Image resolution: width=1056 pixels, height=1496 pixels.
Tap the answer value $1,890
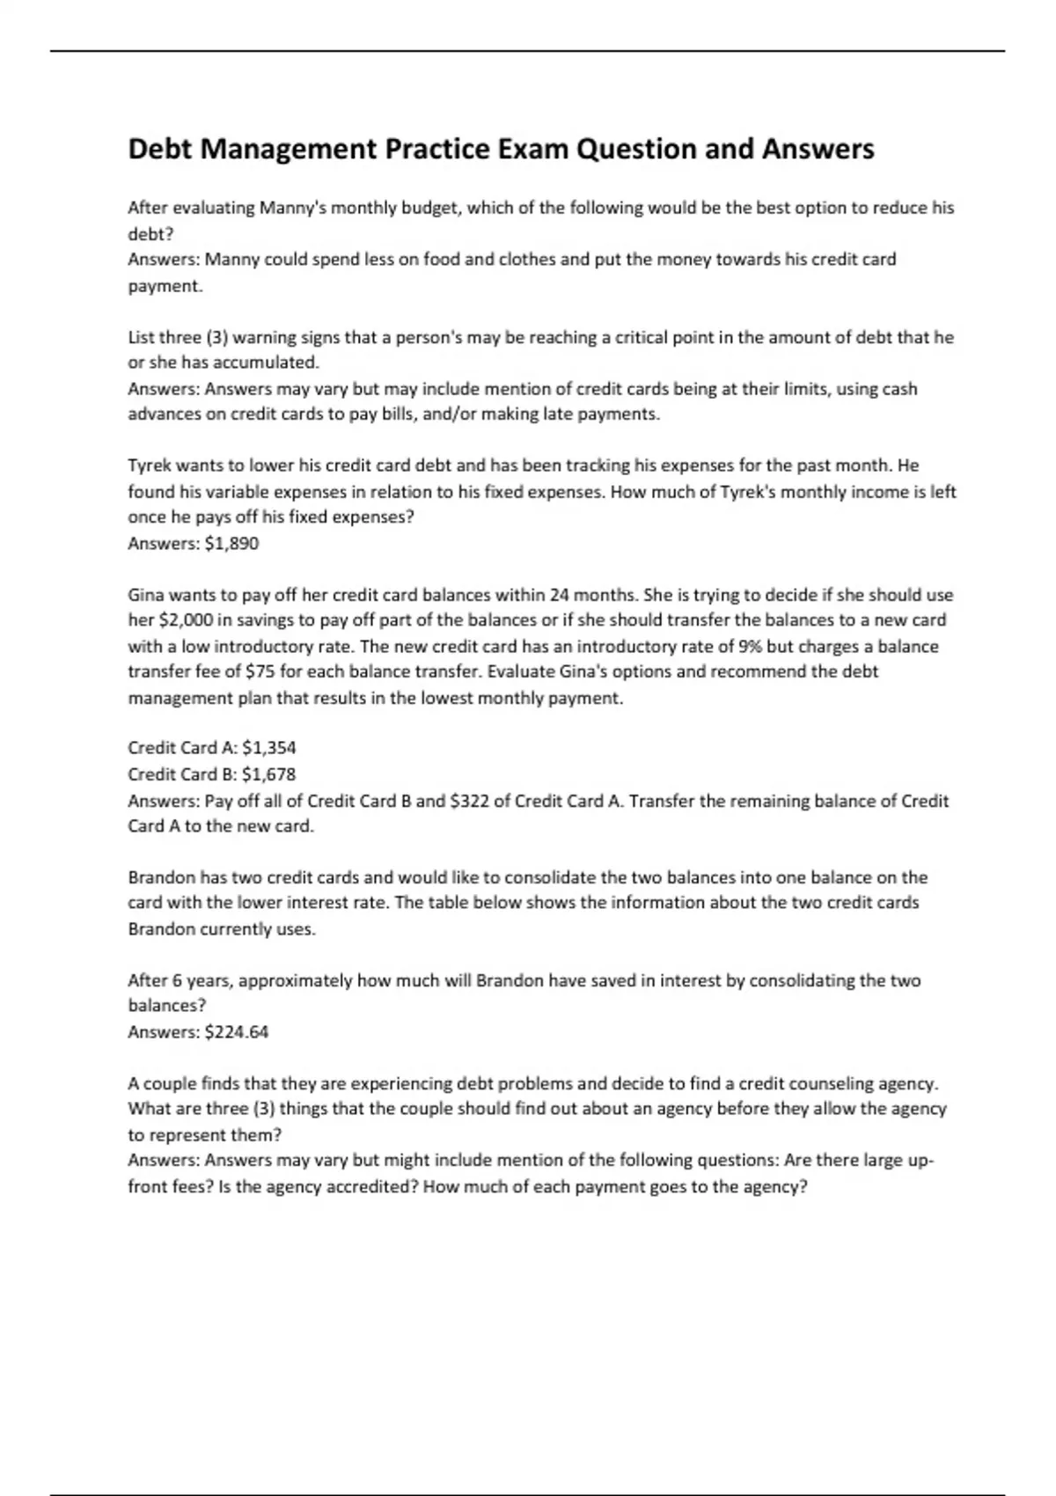[x=231, y=543]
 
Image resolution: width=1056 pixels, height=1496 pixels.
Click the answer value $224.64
[x=236, y=1031]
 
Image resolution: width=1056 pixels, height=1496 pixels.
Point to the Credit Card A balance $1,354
[x=268, y=748]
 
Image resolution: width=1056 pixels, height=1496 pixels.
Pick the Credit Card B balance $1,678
[x=268, y=774]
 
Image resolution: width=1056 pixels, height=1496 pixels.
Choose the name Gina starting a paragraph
[x=147, y=595]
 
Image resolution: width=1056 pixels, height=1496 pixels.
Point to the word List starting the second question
[x=141, y=337]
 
